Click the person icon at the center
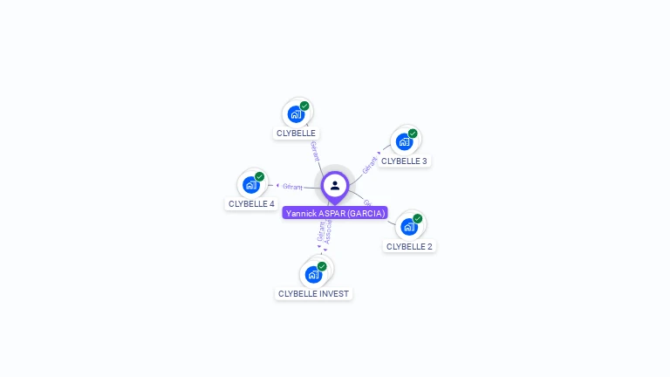[335, 185]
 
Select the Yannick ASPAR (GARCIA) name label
[335, 213]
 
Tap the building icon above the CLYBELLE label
[296, 113]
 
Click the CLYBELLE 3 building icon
[404, 141]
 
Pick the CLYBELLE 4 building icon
[251, 184]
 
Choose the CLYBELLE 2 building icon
[408, 226]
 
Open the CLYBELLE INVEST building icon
[313, 274]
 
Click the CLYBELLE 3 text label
[404, 161]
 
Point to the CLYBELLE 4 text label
[251, 204]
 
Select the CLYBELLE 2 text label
[409, 246]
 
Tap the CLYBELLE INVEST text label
[313, 294]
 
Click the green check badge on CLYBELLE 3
[413, 134]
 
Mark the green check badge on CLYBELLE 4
[259, 176]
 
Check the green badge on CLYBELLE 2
[417, 218]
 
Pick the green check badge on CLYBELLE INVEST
[322, 266]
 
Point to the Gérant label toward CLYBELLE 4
[292, 186]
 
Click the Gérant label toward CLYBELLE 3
[371, 163]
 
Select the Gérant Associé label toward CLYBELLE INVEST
[325, 231]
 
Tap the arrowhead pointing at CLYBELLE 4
[277, 185]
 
